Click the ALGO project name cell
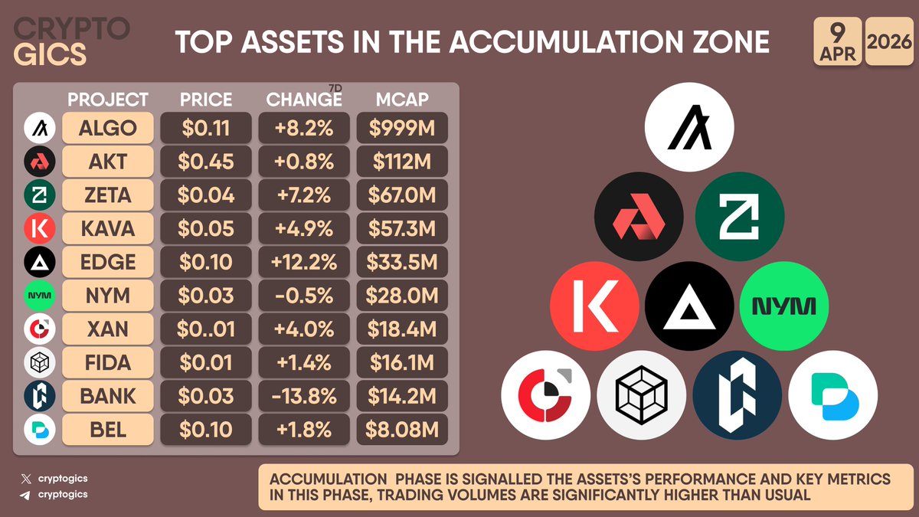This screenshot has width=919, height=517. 108,128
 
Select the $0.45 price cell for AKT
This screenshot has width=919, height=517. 206,162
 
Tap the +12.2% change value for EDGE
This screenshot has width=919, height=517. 303,262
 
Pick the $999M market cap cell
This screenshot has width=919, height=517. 402,128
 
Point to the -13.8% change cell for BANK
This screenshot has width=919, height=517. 303,396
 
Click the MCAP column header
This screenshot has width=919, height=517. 402,100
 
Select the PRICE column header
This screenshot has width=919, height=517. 206,100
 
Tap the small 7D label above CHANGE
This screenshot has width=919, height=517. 335,90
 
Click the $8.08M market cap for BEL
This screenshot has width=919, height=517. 402,430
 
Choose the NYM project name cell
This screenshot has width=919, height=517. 108,296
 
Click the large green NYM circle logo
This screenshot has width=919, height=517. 785,307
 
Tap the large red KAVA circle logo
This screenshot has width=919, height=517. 595,307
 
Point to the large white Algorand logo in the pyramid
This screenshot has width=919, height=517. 689,127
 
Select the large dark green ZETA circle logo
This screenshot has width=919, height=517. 740,217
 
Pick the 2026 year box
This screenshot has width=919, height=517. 891,44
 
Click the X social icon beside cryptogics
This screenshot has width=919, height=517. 27,479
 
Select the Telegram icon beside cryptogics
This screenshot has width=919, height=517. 27,495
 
